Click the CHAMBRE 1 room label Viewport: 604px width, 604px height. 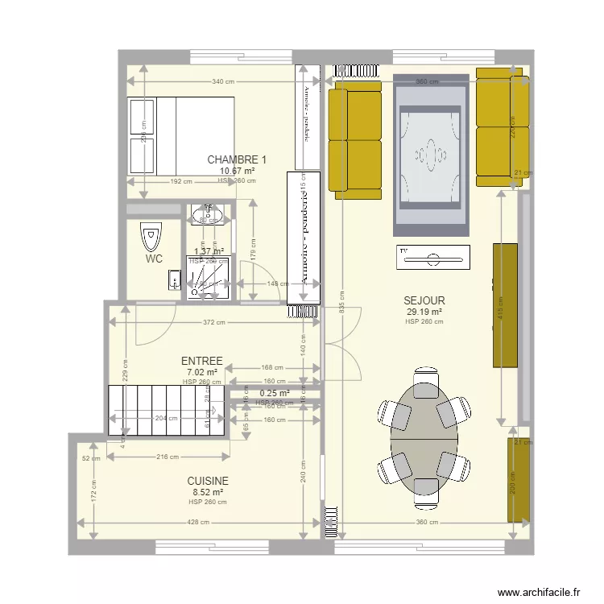click(237, 159)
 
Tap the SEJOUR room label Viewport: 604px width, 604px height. click(424, 301)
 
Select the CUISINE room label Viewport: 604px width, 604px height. click(208, 481)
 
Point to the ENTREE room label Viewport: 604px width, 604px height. click(202, 362)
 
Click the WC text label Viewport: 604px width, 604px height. click(155, 259)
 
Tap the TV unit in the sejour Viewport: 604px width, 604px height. click(432, 258)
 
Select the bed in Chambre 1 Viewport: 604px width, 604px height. click(181, 135)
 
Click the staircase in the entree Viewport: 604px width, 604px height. click(166, 410)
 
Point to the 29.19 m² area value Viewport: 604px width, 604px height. click(424, 312)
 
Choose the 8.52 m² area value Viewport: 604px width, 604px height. click(208, 492)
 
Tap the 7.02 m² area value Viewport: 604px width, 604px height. click(202, 372)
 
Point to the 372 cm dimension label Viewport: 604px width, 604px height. click(214, 323)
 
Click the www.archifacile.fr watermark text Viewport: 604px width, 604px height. click(539, 592)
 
